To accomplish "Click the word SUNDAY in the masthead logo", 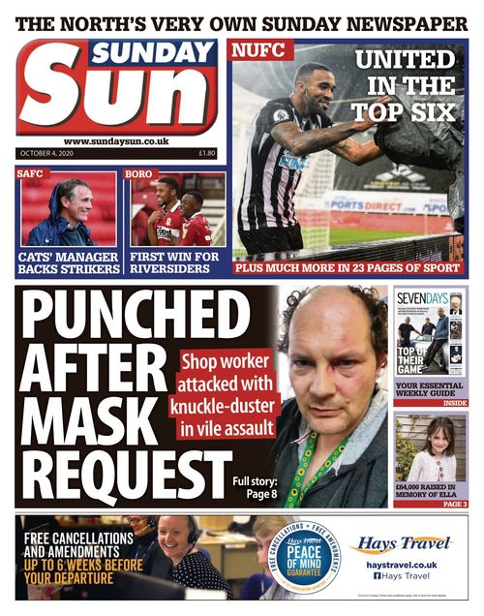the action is click(154, 54).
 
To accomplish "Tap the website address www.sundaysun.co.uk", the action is click(116, 141).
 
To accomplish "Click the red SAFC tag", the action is click(31, 174).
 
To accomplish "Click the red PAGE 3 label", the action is click(454, 504).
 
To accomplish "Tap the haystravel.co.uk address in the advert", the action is click(402, 565).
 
